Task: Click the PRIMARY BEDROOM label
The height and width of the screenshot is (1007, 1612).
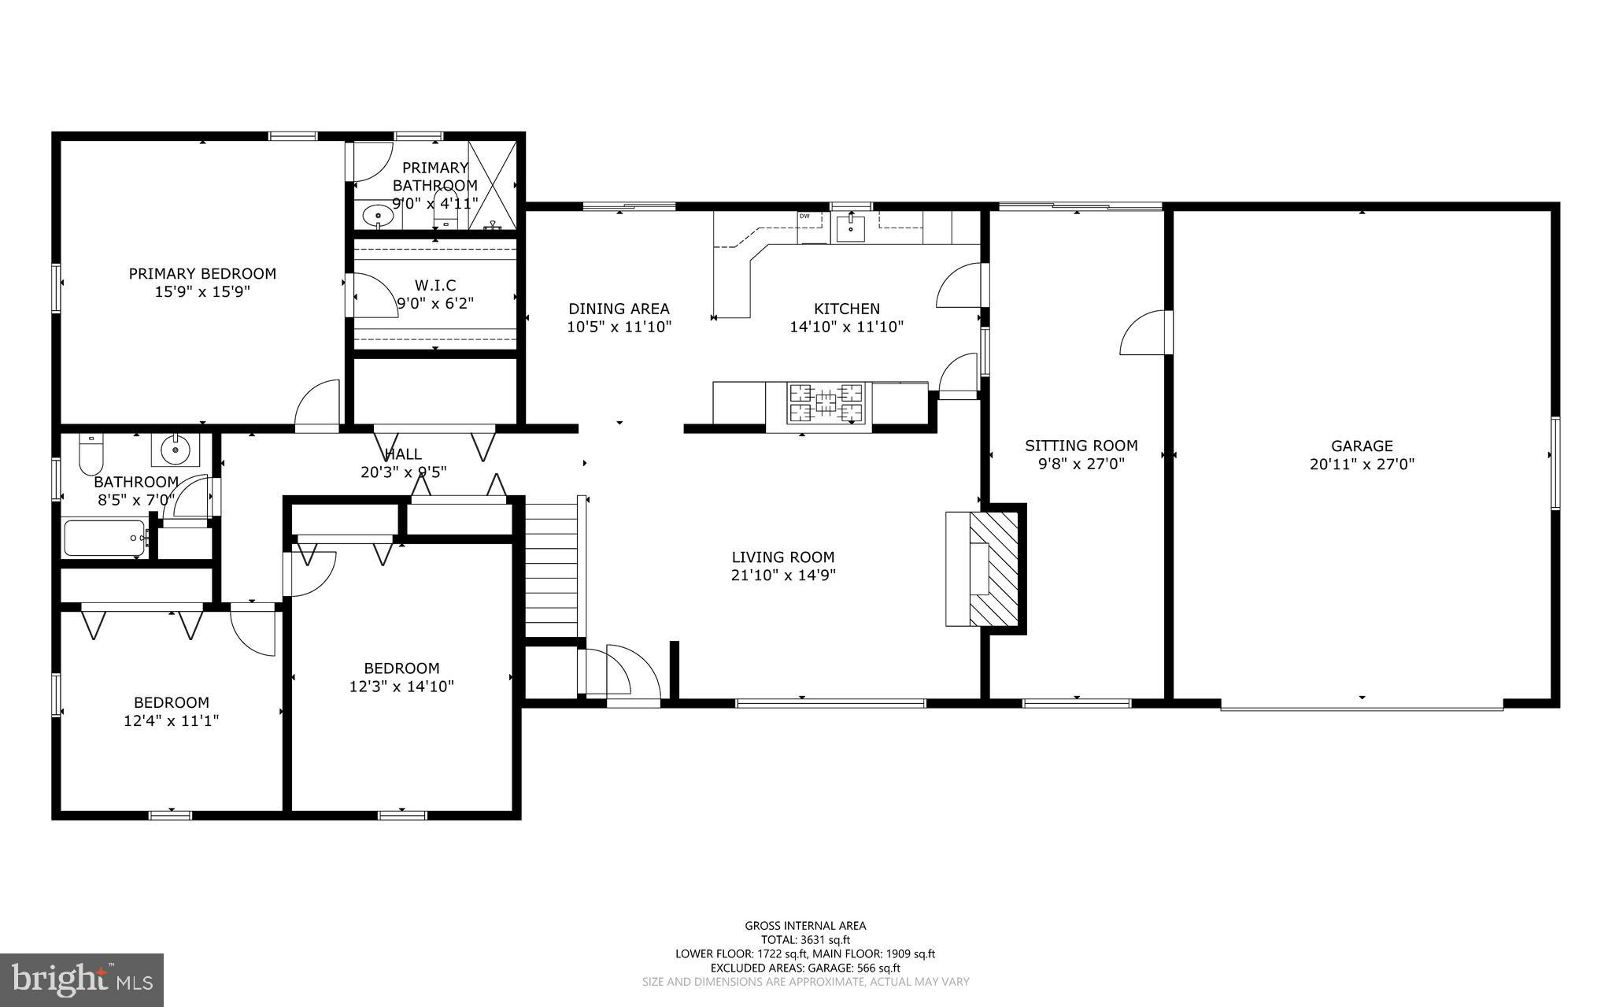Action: point(202,274)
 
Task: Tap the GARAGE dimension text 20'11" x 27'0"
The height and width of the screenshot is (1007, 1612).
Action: point(1362,465)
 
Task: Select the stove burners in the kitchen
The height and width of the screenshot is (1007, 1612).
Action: point(826,403)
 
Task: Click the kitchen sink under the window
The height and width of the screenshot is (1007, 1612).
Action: point(851,228)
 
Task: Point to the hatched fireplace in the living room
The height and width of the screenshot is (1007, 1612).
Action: point(995,568)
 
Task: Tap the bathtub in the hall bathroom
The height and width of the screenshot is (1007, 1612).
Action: point(105,538)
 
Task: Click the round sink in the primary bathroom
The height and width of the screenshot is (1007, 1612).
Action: point(381,214)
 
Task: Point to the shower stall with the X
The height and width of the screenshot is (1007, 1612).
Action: point(492,185)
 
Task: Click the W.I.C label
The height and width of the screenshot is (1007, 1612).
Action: point(434,285)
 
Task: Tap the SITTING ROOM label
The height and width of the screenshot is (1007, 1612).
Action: point(1081,446)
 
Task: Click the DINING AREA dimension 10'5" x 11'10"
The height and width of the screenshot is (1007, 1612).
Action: point(619,327)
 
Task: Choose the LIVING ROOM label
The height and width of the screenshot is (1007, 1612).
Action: point(782,557)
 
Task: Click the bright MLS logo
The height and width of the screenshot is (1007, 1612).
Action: point(82,979)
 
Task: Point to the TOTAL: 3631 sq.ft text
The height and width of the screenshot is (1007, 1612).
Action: point(805,939)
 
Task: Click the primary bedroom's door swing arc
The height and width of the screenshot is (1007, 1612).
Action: point(316,405)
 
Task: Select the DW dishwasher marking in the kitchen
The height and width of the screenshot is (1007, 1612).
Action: point(804,216)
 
